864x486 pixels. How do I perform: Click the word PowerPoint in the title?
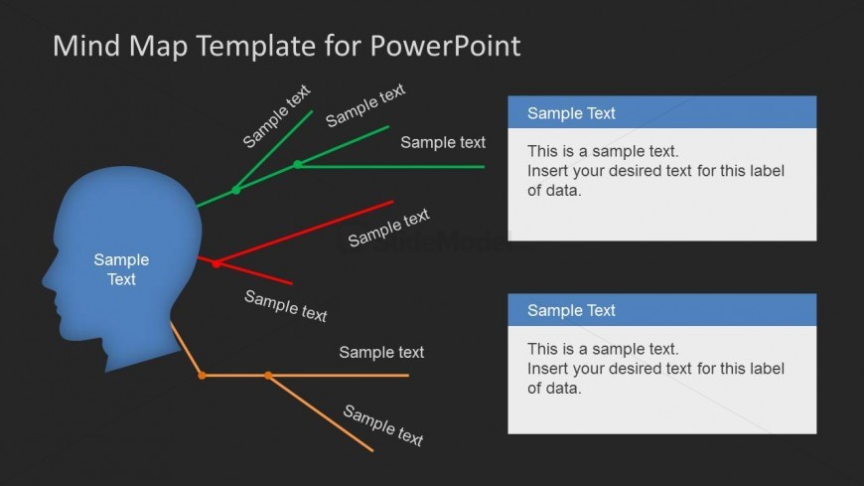445,46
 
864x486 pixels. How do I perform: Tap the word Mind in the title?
86,46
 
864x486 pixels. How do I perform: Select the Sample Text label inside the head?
121,269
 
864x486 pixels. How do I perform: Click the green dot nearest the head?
235,190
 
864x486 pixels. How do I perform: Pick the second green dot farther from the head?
298,164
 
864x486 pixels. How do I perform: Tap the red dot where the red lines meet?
216,263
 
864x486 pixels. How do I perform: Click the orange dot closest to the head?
202,376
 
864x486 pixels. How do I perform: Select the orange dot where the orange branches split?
268,376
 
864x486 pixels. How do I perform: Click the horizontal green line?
391,167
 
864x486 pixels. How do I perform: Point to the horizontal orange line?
305,376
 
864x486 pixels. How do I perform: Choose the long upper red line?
305,233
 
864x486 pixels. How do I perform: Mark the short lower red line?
254,273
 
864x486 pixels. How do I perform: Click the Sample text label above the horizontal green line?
443,142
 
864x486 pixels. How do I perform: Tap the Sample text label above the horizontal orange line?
381,352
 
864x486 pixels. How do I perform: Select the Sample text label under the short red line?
285,305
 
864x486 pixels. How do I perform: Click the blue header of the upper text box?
661,112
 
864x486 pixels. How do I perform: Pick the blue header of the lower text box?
661,310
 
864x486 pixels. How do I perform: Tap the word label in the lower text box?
768,369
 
